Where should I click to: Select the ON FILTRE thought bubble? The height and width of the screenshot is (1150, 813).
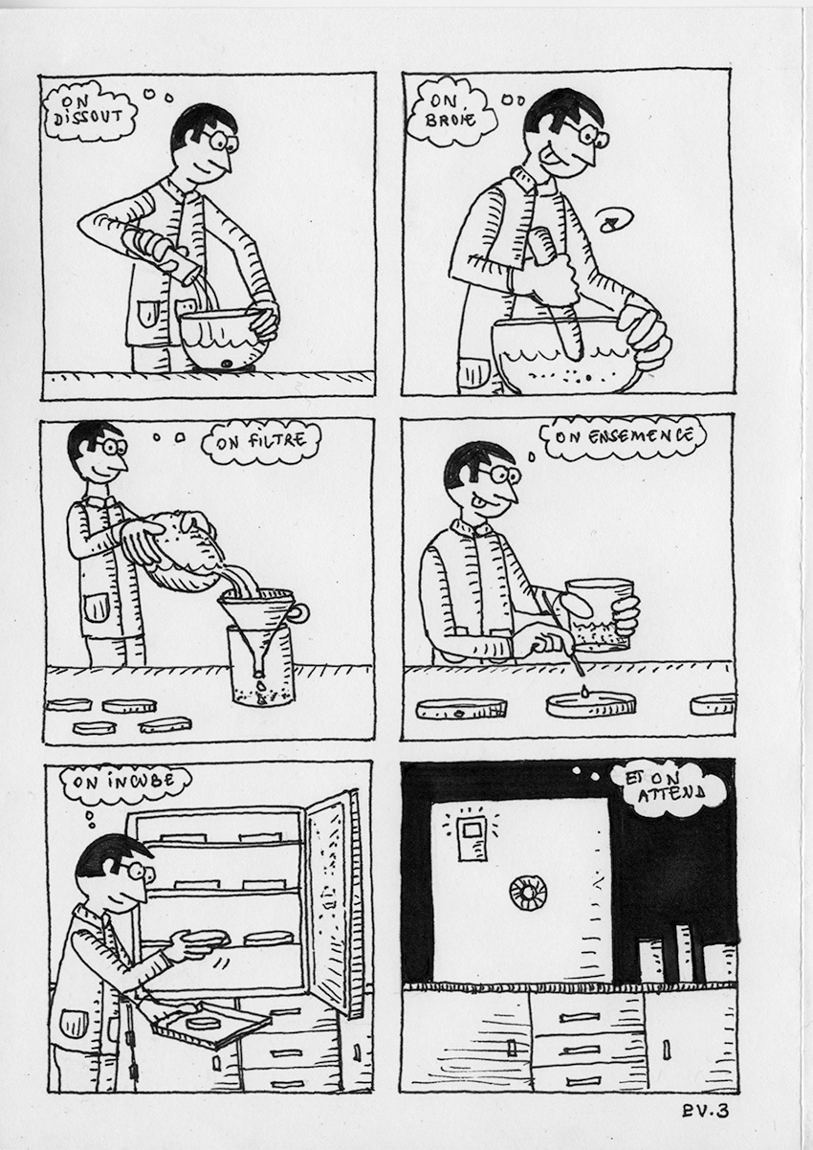pos(262,441)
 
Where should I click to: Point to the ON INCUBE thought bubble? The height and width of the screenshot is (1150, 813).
pos(125,783)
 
